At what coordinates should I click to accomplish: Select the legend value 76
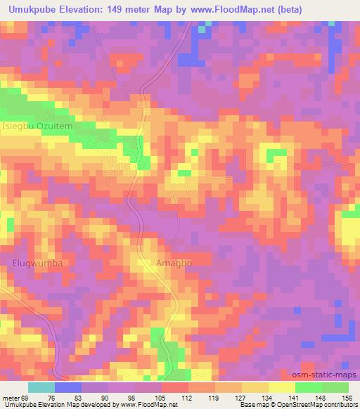56,397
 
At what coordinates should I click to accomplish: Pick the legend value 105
161,397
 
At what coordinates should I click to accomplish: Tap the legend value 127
241,397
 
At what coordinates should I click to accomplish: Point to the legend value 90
109,397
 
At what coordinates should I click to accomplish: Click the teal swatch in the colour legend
41,387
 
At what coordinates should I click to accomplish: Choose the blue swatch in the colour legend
68,387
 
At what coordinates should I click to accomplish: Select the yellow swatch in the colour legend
282,387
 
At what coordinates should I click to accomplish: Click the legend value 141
295,397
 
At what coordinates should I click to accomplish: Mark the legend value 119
214,397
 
